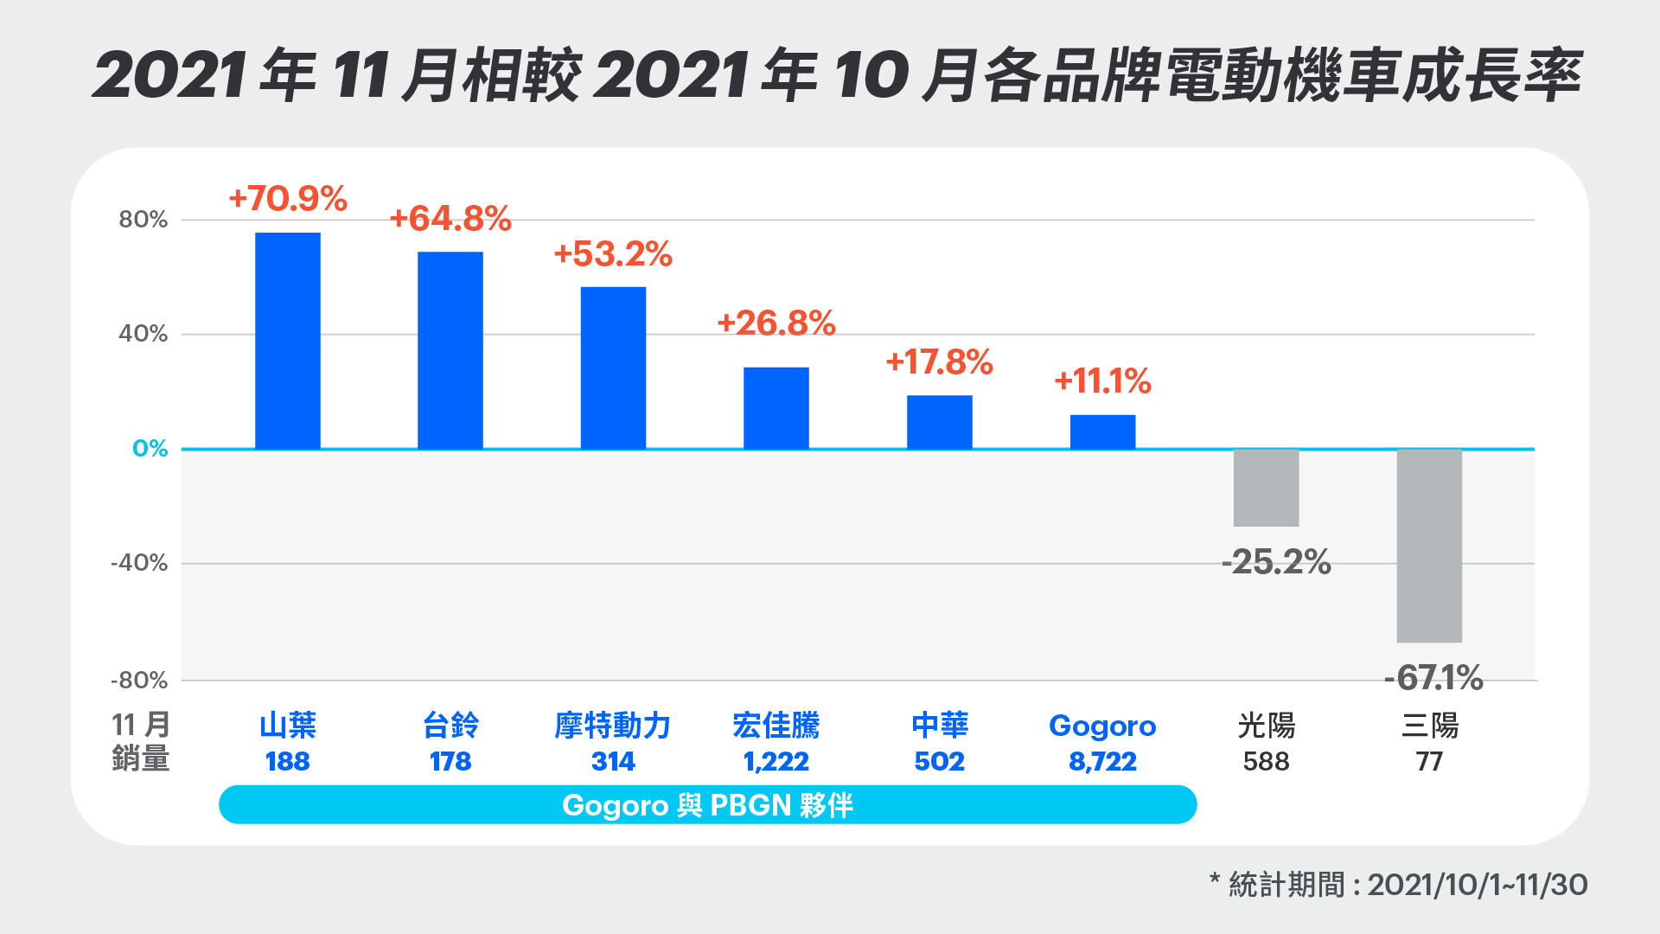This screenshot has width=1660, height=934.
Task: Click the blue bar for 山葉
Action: click(287, 341)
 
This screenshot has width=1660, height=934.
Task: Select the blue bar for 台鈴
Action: click(450, 350)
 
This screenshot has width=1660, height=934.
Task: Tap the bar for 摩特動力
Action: click(613, 368)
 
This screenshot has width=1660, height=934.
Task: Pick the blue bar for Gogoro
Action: click(1102, 432)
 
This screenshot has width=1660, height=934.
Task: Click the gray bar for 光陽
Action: click(1266, 488)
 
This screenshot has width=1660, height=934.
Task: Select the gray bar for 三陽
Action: click(1429, 546)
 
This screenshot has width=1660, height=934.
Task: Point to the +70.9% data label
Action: click(288, 199)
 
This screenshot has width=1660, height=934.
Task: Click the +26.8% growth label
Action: click(776, 323)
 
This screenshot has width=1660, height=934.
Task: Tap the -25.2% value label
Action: click(1276, 562)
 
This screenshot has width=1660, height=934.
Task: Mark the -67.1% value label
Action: click(1433, 677)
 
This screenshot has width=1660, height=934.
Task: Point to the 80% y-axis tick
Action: click(144, 220)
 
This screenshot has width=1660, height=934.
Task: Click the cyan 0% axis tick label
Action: click(150, 449)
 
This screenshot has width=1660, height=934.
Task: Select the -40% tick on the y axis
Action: click(139, 563)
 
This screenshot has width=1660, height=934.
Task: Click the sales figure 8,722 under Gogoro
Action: click(1102, 762)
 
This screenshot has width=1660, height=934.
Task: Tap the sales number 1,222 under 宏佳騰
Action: click(776, 762)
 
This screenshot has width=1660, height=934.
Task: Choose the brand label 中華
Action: click(940, 726)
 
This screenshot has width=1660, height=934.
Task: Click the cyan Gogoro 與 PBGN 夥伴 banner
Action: click(707, 805)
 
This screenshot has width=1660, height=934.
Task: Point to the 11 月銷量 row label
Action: click(140, 742)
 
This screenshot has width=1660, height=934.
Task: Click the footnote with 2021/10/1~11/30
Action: click(1398, 885)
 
